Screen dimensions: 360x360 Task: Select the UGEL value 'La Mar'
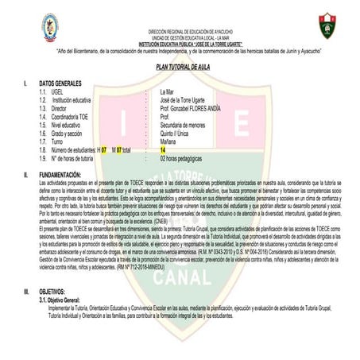pos(168,92)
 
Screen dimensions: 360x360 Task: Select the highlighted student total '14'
pos(163,149)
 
